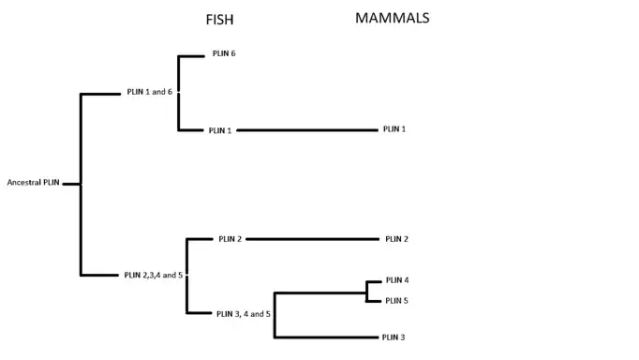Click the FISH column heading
[x=219, y=20]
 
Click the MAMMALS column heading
[x=392, y=18]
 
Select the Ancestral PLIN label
[x=34, y=182]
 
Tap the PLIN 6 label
[x=224, y=53]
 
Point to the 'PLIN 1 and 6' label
[x=150, y=92]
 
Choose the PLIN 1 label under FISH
[x=220, y=130]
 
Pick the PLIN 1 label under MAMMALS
[x=394, y=128]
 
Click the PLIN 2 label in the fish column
[x=230, y=239]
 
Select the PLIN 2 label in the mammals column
[x=396, y=239]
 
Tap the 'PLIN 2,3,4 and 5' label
[x=154, y=276]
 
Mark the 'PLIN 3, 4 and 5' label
[x=244, y=314]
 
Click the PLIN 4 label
[x=397, y=280]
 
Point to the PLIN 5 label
[x=396, y=301]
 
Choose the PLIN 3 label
[x=394, y=337]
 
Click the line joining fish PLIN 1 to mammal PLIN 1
[x=307, y=130]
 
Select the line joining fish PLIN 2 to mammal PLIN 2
[x=313, y=239]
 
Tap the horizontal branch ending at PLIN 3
[x=326, y=337]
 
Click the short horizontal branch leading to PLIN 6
[x=191, y=56]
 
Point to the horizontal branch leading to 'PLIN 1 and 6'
[x=100, y=94]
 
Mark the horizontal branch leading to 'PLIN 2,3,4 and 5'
[x=99, y=276]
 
